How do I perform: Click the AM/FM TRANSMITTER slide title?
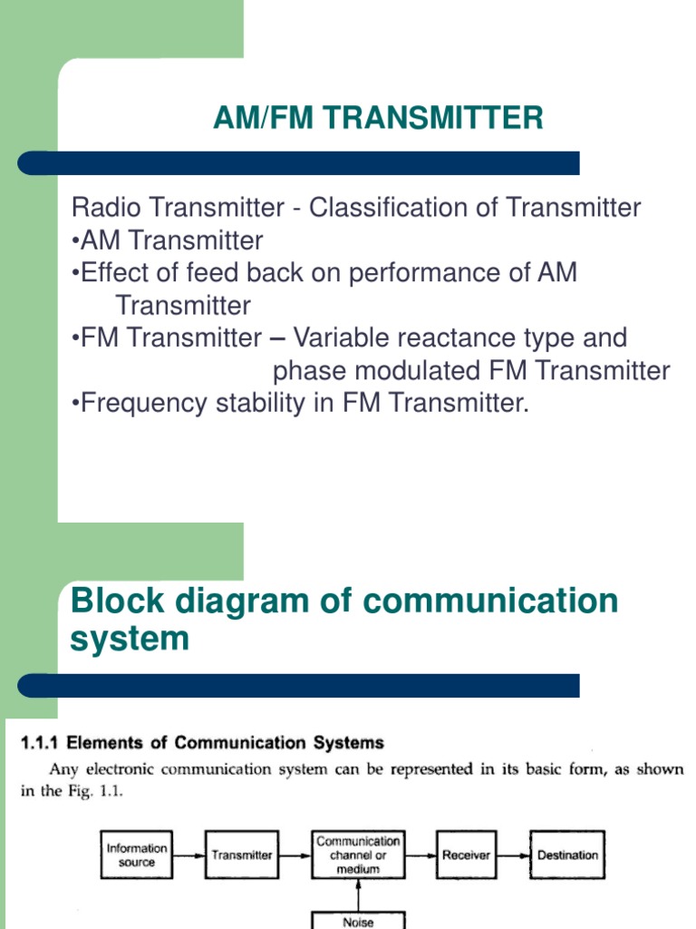(378, 118)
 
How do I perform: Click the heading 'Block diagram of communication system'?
(343, 620)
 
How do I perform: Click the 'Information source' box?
(137, 856)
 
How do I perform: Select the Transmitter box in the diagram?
(242, 856)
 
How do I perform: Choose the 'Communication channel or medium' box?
(358, 856)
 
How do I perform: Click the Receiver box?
(466, 856)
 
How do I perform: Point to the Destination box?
(567, 856)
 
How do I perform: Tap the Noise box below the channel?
(358, 920)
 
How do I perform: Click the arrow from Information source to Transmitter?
(189, 856)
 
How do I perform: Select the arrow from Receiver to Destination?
(513, 856)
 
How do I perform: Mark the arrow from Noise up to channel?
(358, 894)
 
